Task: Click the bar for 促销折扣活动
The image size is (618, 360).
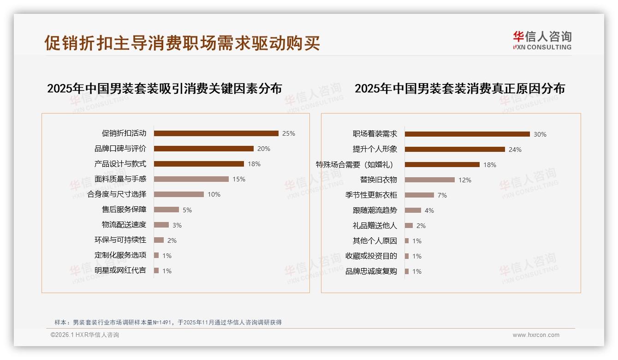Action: (216, 133)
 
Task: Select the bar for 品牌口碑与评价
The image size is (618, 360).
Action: (203, 149)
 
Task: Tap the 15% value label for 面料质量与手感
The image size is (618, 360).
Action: (239, 179)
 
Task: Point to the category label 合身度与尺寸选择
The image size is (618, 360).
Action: (117, 194)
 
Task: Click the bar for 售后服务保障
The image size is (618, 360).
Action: (166, 210)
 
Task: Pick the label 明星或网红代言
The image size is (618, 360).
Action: (120, 270)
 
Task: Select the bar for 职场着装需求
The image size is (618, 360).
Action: (467, 134)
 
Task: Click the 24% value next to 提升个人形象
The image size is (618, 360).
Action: (515, 150)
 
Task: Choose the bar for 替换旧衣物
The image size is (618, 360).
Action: (429, 180)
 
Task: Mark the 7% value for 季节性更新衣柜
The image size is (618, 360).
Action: (442, 195)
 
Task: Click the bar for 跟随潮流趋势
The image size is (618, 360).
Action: (413, 210)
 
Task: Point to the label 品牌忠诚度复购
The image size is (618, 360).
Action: (371, 271)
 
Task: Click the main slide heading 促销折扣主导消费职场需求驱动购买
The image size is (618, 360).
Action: (182, 43)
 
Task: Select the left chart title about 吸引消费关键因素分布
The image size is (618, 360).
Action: (164, 88)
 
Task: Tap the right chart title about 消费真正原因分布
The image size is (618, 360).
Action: (459, 88)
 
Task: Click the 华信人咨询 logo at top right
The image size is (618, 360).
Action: (542, 40)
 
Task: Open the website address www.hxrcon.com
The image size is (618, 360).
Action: (536, 335)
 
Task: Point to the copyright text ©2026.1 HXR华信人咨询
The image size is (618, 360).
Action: (84, 335)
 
